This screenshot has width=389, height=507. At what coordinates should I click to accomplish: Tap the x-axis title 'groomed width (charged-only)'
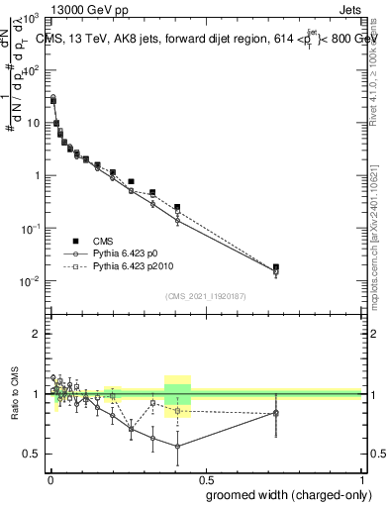click(x=282, y=493)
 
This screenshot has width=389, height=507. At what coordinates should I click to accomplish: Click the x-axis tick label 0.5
click(x=206, y=478)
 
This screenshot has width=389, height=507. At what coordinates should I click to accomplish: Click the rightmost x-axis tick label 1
click(x=363, y=478)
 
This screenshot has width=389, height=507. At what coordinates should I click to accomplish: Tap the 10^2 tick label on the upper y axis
click(x=33, y=70)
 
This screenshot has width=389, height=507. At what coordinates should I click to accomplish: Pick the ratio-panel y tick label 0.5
click(x=35, y=455)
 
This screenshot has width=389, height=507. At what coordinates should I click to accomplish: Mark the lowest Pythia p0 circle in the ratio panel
click(x=177, y=447)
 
